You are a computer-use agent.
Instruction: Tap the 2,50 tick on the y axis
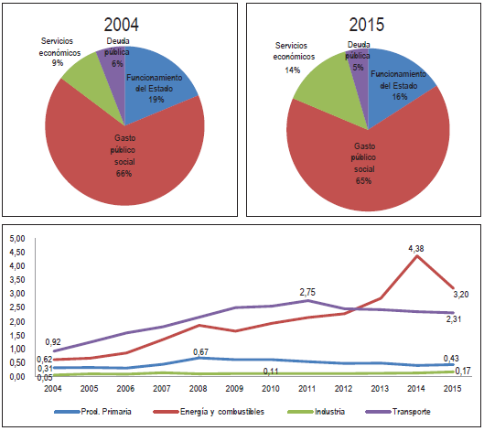pos(16,307)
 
